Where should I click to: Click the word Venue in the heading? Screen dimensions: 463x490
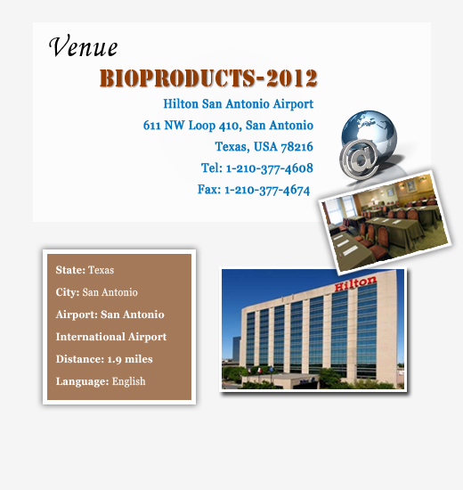click(x=83, y=46)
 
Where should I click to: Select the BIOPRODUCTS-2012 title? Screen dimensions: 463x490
click(x=208, y=78)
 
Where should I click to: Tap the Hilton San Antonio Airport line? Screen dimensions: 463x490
click(x=238, y=104)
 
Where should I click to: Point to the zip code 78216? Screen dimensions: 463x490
click(x=296, y=147)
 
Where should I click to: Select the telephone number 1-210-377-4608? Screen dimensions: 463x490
click(x=269, y=168)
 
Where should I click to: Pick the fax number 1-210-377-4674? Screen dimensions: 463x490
click(x=267, y=190)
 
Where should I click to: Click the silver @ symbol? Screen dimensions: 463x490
click(x=360, y=159)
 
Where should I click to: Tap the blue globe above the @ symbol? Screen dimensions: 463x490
click(x=370, y=131)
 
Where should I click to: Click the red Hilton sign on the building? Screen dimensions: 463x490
click(x=355, y=283)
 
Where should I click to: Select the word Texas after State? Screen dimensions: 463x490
click(x=101, y=270)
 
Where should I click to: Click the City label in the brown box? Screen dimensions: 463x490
click(x=68, y=292)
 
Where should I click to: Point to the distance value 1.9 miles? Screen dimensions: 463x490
click(x=130, y=359)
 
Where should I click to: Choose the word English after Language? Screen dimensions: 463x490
click(x=129, y=381)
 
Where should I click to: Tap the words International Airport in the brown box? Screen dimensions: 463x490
click(x=111, y=337)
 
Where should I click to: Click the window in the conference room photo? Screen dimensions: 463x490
click(x=340, y=208)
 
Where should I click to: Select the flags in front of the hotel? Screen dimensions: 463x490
click(x=255, y=371)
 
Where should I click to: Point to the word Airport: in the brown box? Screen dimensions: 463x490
click(x=77, y=314)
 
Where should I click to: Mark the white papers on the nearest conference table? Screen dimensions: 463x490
click(x=345, y=245)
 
